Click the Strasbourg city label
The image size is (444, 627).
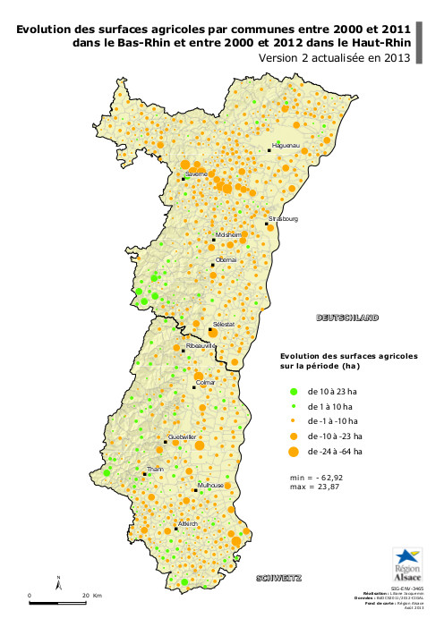click(283, 218)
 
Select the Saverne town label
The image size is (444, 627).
click(196, 173)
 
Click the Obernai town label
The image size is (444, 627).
click(226, 259)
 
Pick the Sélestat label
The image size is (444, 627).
click(224, 324)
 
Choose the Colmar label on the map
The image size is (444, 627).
click(206, 383)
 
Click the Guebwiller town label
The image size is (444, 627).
click(182, 436)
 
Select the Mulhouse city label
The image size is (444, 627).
click(209, 485)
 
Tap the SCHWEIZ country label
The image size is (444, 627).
click(278, 577)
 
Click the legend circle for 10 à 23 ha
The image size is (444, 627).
click(293, 392)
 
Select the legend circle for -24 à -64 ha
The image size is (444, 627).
click(293, 452)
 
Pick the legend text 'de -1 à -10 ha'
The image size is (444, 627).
click(332, 420)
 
